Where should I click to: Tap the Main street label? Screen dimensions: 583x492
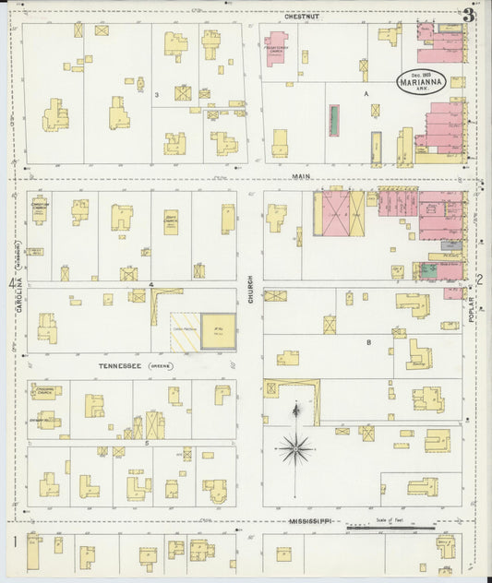[301, 175]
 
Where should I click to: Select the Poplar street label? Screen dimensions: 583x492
[471, 305]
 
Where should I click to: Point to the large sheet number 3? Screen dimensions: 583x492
[469, 15]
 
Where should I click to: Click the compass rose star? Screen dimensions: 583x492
[295, 449]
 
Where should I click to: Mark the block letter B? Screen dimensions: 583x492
[368, 342]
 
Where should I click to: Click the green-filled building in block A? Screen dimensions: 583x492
[334, 120]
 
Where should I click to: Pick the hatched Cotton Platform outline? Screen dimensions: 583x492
[185, 331]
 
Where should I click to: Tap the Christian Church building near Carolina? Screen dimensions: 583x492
[39, 210]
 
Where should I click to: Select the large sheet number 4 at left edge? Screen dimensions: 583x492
[13, 283]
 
